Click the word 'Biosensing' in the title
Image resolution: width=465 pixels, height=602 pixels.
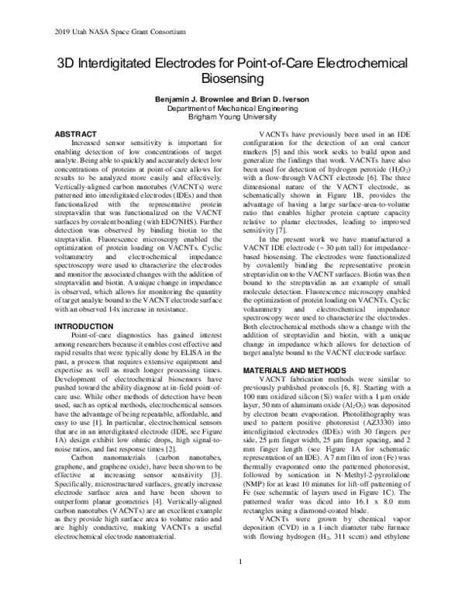click(232, 79)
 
